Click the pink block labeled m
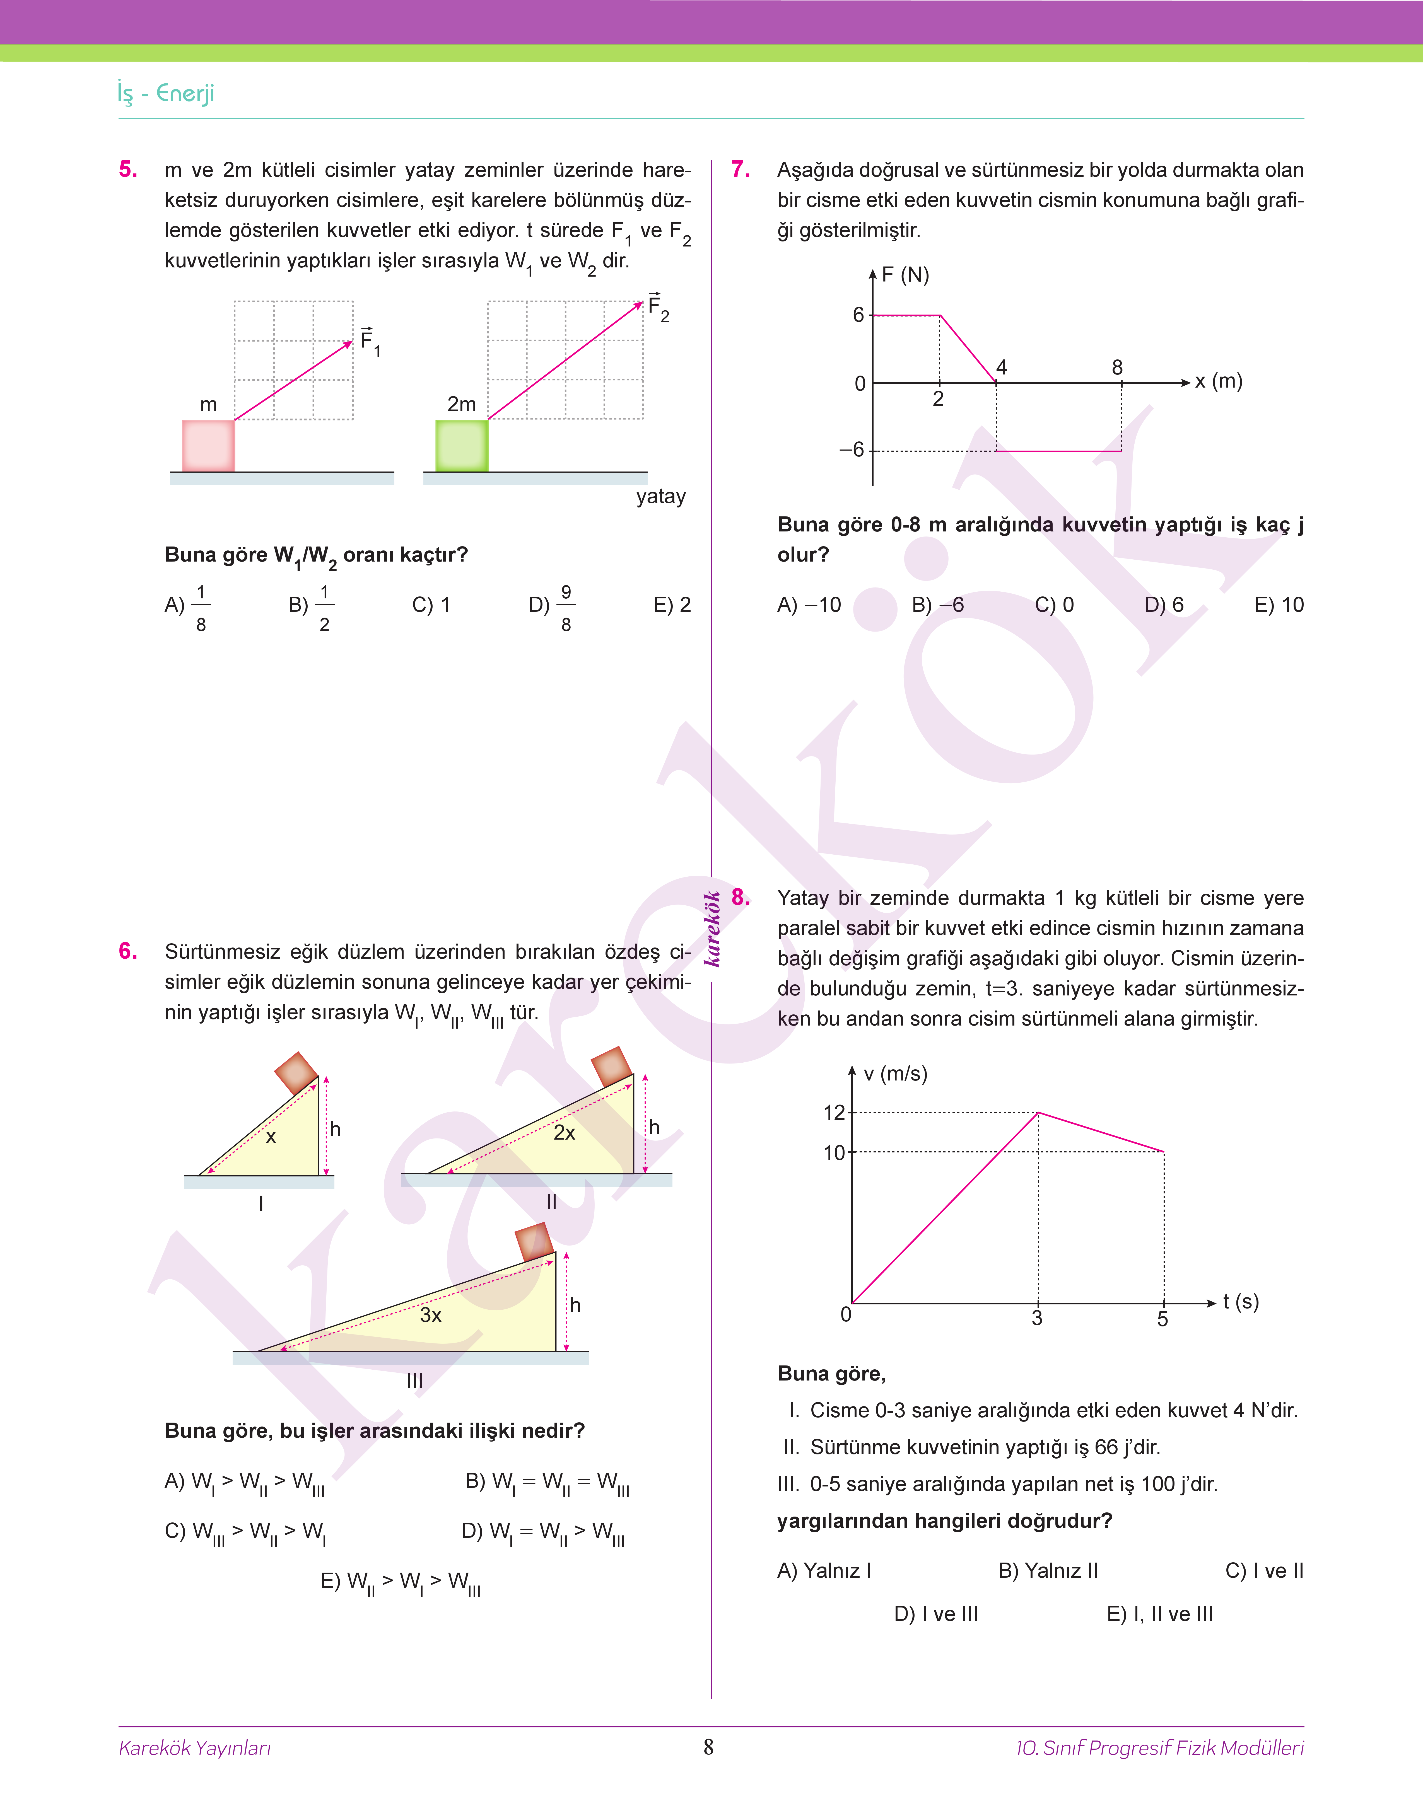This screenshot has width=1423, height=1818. (x=208, y=446)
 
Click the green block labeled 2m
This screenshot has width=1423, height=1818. (x=462, y=446)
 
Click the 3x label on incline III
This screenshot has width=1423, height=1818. (x=431, y=1315)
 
